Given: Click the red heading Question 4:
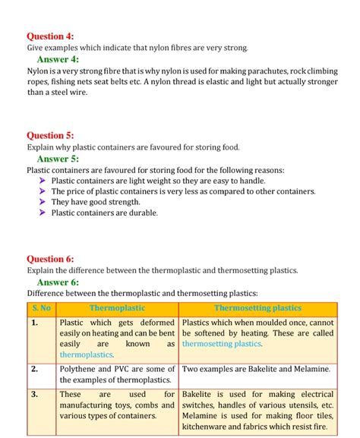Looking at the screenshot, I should (50, 36).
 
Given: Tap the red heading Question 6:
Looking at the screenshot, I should (50, 259).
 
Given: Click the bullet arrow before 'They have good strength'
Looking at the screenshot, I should (43, 202).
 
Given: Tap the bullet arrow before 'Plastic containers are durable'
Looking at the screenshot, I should (43, 213).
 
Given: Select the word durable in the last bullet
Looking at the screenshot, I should (141, 213).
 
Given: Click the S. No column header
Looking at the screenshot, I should (41, 308).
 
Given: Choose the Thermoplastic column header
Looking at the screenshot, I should (117, 308).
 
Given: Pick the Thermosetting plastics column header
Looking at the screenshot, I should (257, 308).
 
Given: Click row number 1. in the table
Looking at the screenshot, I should (35, 323).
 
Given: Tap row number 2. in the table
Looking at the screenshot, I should (35, 369).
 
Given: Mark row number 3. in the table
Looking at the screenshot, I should (35, 395).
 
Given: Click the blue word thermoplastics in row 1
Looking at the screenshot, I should (87, 354).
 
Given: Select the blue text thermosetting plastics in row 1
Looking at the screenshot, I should (222, 344).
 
